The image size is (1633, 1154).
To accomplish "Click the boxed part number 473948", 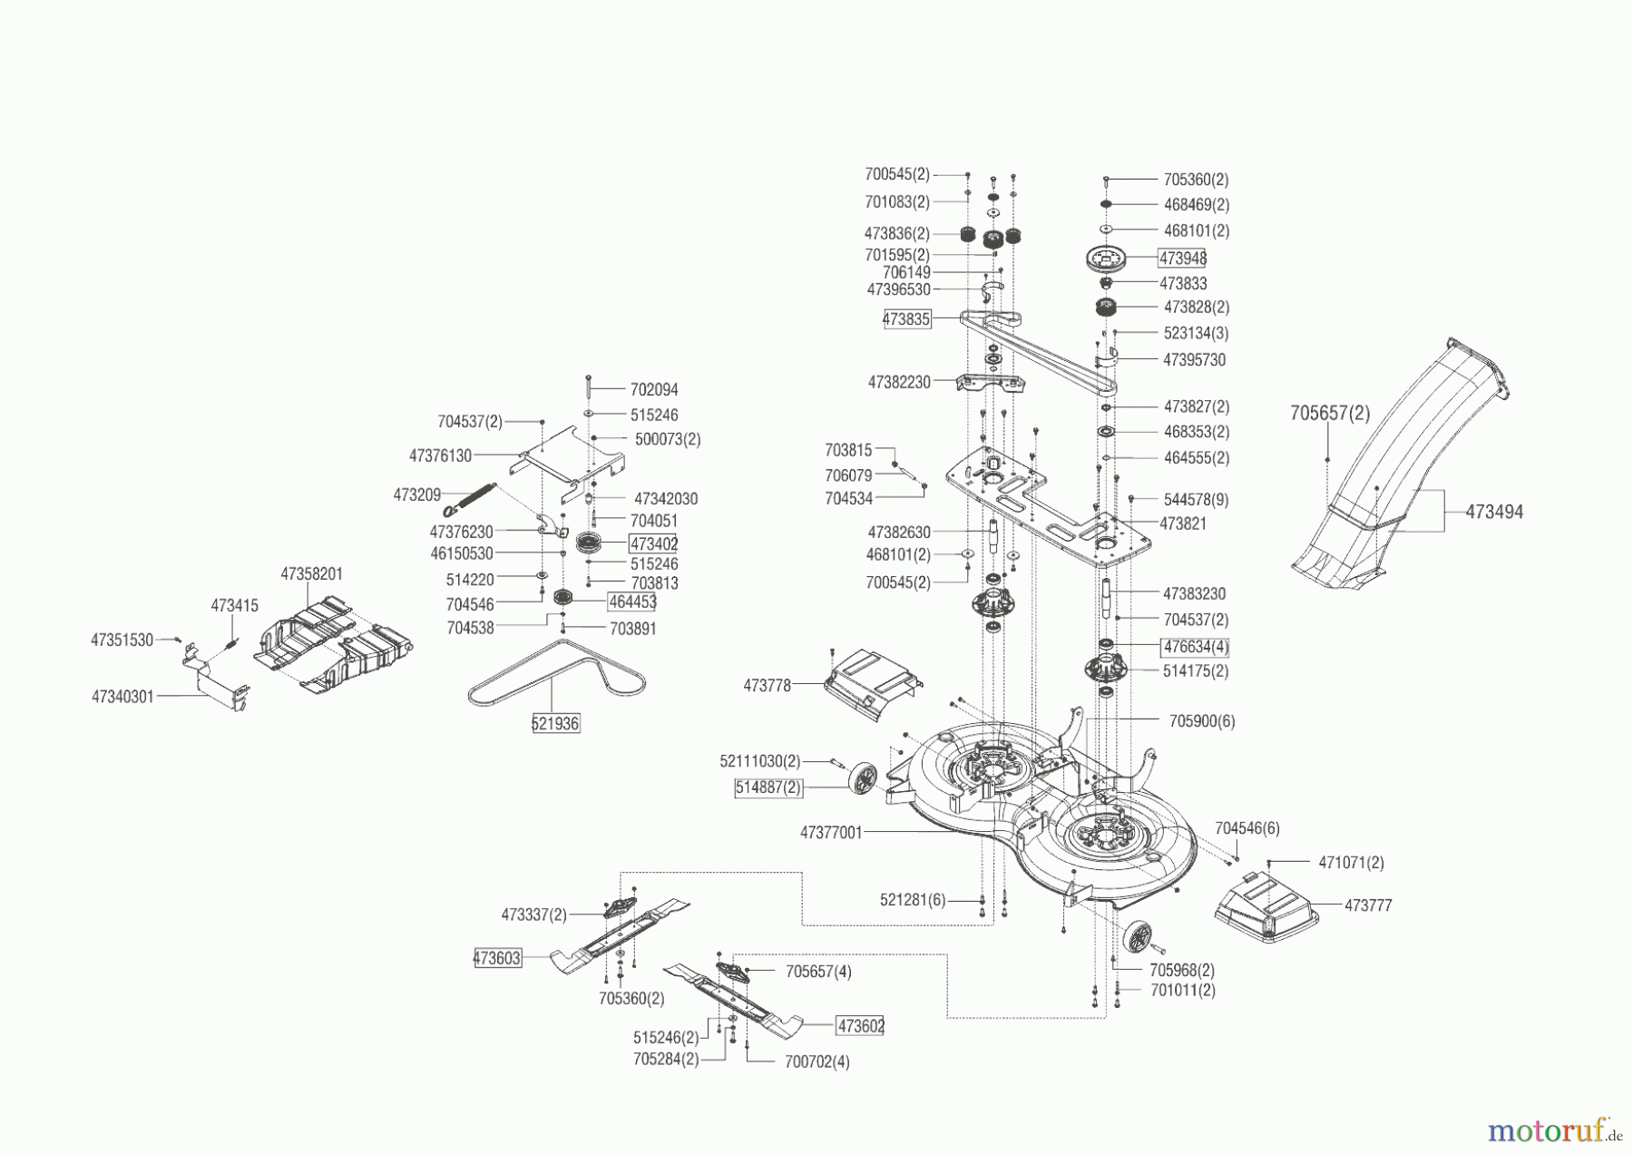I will click(1182, 259).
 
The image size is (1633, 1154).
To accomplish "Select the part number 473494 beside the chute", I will click(1494, 512).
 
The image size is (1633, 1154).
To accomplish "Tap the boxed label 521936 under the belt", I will click(555, 723).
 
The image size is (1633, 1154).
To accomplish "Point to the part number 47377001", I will click(831, 832).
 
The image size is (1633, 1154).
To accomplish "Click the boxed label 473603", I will click(498, 958).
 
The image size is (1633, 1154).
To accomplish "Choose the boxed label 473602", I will click(860, 1025).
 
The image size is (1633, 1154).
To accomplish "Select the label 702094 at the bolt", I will click(654, 389).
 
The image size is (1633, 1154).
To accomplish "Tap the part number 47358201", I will click(312, 574).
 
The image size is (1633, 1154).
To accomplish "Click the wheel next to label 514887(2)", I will click(862, 782).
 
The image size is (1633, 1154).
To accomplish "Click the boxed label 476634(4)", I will click(1195, 647).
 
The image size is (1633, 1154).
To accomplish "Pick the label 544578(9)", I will click(1196, 500).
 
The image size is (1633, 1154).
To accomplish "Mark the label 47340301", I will click(122, 697).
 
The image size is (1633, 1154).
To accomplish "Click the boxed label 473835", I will click(906, 319).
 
